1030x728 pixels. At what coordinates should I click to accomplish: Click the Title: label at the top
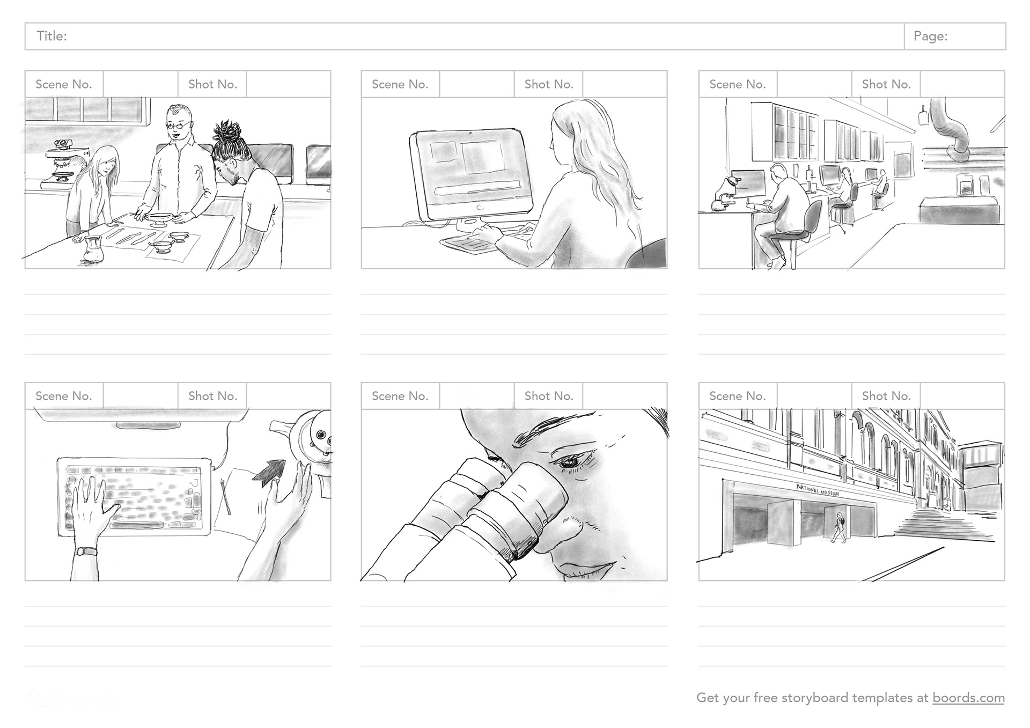[x=51, y=36]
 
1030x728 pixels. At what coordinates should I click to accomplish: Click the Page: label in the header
[x=930, y=36]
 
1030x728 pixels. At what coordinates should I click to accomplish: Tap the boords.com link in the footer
[x=968, y=697]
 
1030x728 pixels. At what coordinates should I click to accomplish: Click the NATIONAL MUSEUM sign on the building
[x=818, y=490]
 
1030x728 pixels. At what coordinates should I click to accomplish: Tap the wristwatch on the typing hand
[x=86, y=551]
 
